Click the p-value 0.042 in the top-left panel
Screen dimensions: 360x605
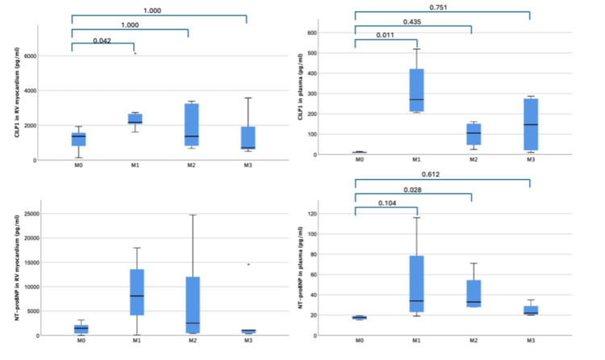point(102,40)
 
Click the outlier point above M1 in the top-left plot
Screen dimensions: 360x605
point(135,53)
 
